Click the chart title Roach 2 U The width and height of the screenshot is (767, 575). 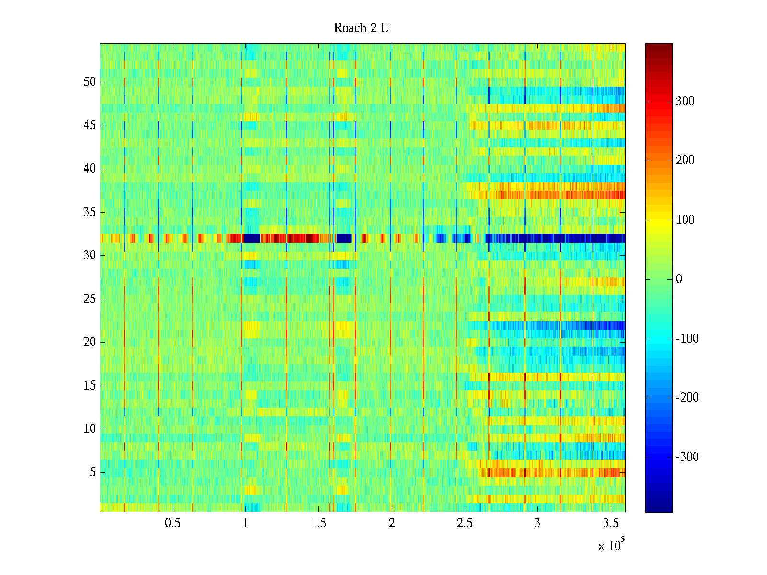click(361, 28)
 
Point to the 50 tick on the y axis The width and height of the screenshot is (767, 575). click(90, 82)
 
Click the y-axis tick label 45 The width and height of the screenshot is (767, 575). click(90, 126)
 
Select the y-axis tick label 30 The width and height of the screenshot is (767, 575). click(90, 255)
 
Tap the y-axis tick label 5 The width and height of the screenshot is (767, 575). click(93, 472)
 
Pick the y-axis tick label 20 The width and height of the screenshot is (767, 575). click(90, 342)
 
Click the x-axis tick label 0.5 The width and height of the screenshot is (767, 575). click(173, 523)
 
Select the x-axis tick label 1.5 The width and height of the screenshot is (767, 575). click(318, 523)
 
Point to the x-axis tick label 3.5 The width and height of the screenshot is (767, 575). click(610, 523)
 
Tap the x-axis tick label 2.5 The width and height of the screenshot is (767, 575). click(465, 523)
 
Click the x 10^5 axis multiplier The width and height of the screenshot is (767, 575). click(611, 545)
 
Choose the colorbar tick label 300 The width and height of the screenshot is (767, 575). click(685, 101)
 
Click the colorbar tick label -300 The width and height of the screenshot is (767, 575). click(687, 457)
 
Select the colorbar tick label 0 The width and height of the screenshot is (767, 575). click(679, 279)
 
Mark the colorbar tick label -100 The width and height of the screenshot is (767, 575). click(687, 339)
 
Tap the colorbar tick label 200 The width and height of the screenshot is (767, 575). click(685, 161)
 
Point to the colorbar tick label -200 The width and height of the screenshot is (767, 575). click(687, 398)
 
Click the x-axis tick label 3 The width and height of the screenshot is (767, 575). click(537, 523)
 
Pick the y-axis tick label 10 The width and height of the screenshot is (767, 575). click(90, 429)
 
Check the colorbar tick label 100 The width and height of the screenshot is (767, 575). click(685, 220)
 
